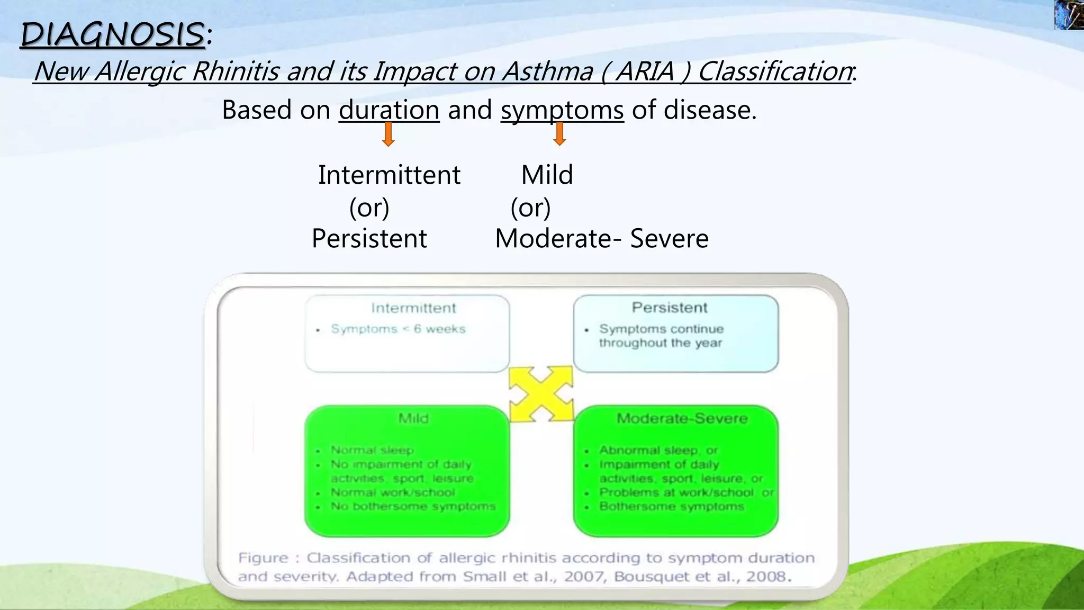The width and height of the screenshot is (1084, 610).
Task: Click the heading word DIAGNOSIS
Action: (112, 35)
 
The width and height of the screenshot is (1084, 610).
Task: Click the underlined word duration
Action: (389, 110)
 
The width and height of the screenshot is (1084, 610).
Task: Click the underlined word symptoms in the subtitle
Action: (562, 110)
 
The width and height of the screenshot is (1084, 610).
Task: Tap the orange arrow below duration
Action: (388, 134)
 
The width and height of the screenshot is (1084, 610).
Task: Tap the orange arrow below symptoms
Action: (559, 133)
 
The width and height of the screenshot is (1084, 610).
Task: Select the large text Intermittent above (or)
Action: (389, 175)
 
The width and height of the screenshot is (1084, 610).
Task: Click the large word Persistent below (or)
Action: (369, 238)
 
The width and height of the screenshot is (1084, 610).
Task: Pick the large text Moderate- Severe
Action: (601, 238)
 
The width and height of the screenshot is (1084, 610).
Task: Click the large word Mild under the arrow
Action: (547, 175)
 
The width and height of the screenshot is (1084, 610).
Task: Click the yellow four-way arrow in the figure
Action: (541, 394)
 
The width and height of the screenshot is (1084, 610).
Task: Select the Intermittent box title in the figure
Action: (413, 308)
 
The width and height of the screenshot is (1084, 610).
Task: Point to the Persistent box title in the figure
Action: (670, 308)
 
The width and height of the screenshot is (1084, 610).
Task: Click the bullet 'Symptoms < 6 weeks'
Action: (398, 329)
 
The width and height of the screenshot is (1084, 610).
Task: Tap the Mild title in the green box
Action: (413, 418)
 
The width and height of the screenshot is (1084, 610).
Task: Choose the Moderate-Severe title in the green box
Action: (682, 418)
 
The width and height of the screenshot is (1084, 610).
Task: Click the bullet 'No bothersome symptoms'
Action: (413, 506)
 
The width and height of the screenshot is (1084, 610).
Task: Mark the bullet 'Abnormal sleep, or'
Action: (658, 450)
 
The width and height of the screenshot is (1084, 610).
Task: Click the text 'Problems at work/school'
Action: (676, 492)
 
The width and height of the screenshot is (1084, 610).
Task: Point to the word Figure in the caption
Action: (263, 558)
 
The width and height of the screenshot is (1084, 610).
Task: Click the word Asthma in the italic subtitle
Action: (547, 71)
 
